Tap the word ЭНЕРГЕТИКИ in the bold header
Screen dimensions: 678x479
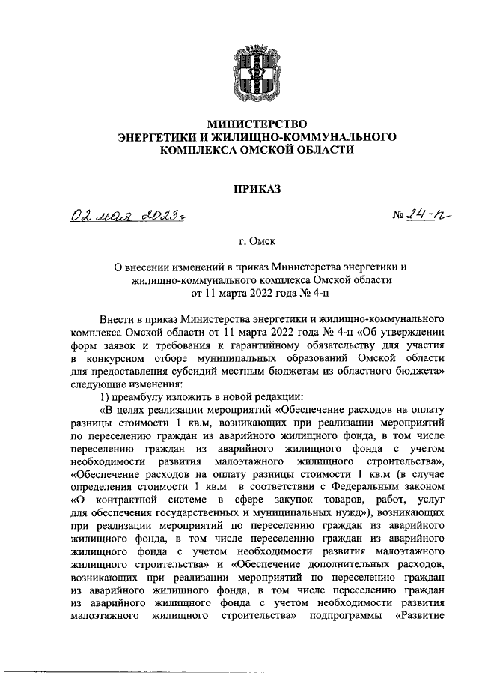[156, 137]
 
